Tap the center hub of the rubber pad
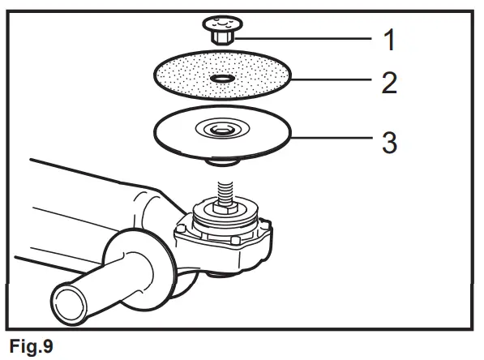tap(221, 129)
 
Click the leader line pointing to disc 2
tap(324, 81)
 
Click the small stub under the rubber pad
tap(221, 161)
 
